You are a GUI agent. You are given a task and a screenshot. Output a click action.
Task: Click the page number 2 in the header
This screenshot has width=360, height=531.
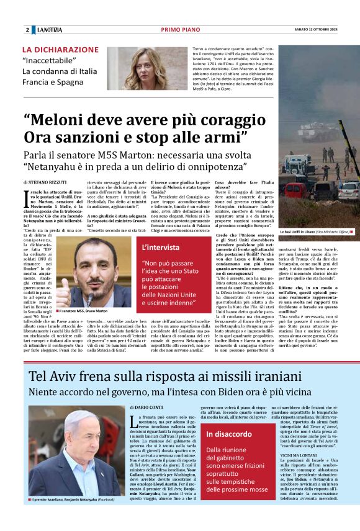27,30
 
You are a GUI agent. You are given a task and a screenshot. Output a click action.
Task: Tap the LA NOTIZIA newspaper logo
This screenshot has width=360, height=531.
50,30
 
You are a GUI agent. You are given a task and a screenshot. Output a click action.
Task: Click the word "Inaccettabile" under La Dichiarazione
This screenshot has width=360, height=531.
49,60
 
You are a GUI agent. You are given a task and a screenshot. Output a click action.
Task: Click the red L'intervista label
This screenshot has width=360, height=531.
160,248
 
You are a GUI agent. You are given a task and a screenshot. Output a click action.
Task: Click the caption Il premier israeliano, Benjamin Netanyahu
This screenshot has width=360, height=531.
71,516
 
